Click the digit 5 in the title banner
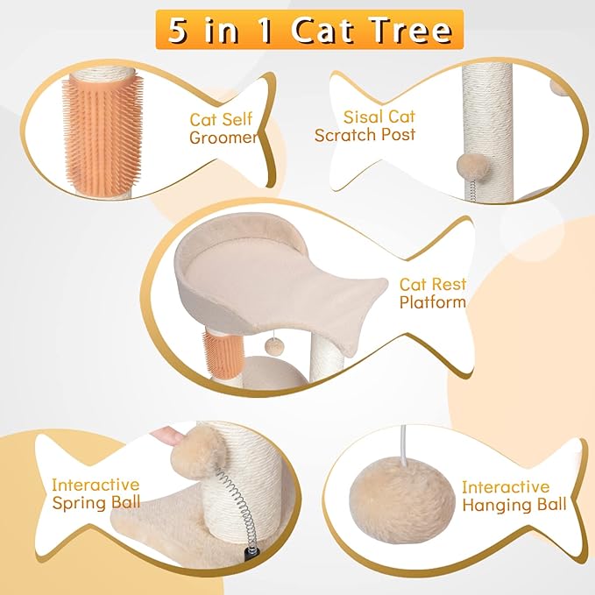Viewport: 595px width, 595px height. (x=179, y=30)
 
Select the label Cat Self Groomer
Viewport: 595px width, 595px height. (x=223, y=129)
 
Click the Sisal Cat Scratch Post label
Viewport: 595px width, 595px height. (x=365, y=126)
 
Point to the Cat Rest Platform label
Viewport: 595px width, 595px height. (x=433, y=294)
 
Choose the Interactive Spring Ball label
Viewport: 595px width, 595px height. (x=96, y=493)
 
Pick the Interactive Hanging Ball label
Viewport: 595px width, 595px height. (x=514, y=496)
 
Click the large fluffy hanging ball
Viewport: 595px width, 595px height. (x=401, y=499)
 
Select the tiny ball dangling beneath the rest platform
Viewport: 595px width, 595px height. (x=273, y=346)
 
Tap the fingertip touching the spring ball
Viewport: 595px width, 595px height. (x=167, y=436)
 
